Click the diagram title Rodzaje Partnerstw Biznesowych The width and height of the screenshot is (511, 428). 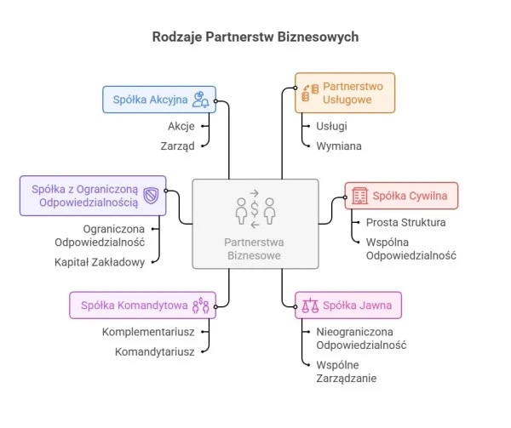[255, 37]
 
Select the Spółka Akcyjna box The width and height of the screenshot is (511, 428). [159, 100]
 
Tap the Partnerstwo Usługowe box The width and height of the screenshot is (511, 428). [345, 93]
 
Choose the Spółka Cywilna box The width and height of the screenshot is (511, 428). [400, 197]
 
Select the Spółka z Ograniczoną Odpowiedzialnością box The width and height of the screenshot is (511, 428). [93, 196]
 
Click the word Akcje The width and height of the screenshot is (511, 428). [181, 126]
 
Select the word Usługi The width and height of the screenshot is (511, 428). [331, 126]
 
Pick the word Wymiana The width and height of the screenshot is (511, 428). [338, 146]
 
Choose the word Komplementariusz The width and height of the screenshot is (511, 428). [148, 331]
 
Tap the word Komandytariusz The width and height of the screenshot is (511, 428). [155, 351]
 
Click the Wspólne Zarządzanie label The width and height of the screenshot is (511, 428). [346, 371]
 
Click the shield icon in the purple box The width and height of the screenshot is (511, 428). [151, 196]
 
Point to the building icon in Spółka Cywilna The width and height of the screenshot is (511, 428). [359, 197]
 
